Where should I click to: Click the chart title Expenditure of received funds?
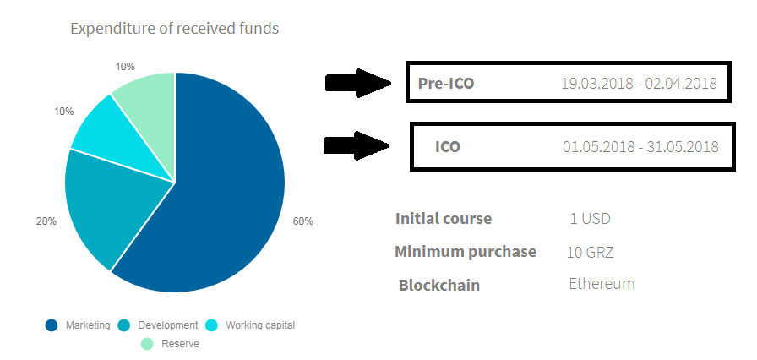point(174,29)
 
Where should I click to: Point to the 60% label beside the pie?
point(302,221)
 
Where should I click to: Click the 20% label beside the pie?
point(46,221)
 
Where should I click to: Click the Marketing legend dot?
point(52,325)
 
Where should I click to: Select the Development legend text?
point(168,325)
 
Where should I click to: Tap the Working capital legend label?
point(260,325)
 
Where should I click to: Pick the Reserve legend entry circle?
point(147,344)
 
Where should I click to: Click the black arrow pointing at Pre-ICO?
point(357,83)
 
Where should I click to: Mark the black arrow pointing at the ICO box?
point(357,145)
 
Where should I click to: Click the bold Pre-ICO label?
point(446,84)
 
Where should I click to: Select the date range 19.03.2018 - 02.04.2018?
point(639,83)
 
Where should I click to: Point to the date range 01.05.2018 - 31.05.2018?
point(640,146)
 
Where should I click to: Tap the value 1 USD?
point(590,219)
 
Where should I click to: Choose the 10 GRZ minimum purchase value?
point(591,252)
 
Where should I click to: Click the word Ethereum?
point(602,283)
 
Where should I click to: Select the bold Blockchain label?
point(439,285)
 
